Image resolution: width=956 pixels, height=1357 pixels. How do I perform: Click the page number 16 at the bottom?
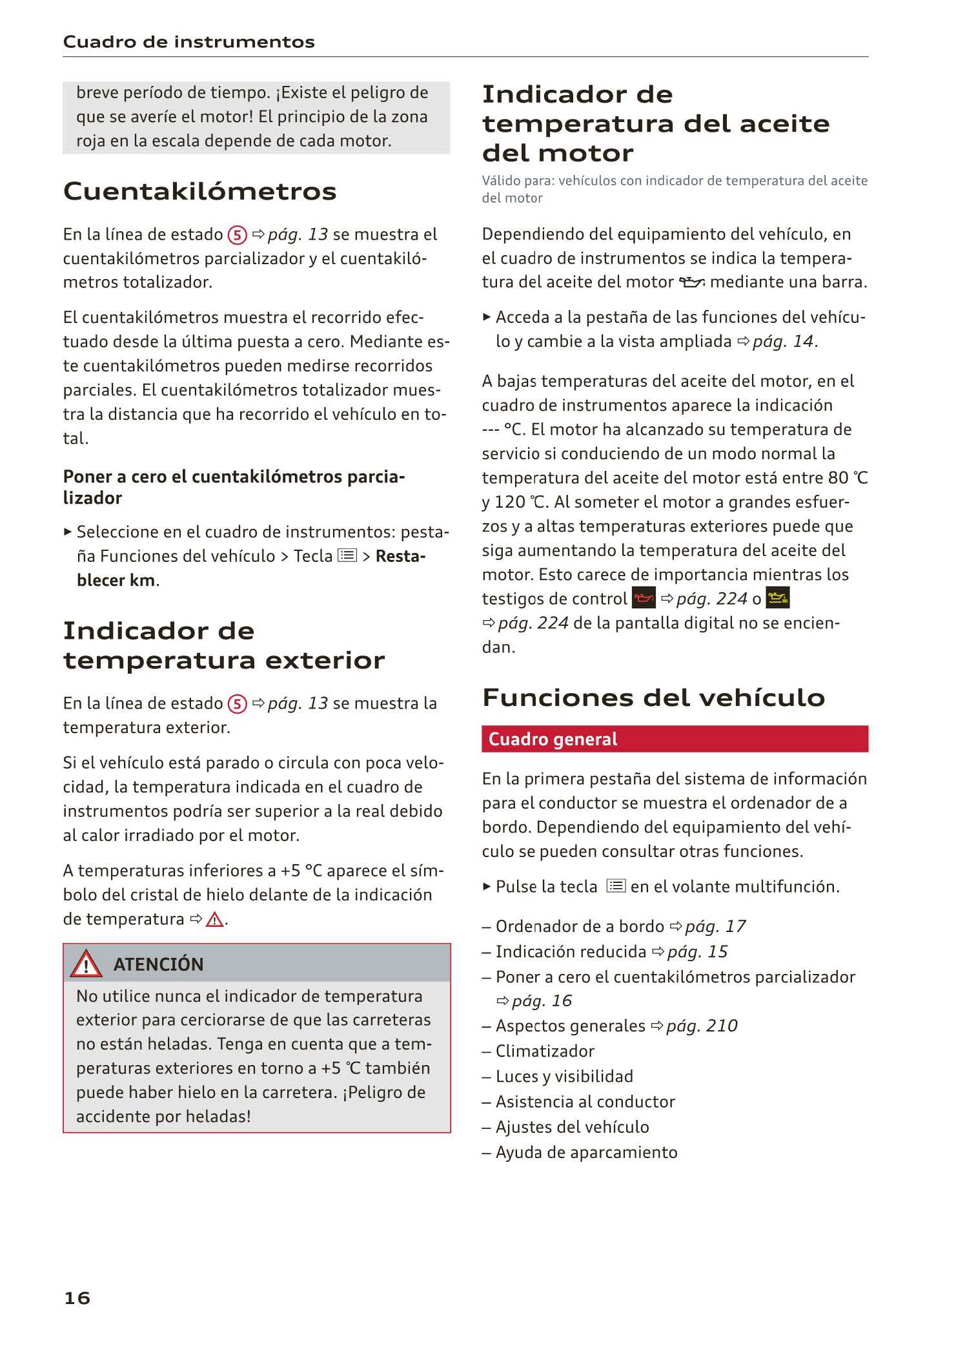77,1298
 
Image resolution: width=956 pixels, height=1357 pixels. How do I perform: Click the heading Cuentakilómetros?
200,191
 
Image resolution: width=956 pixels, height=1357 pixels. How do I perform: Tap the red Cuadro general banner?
675,739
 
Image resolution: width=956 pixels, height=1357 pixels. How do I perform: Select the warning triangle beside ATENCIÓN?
86,965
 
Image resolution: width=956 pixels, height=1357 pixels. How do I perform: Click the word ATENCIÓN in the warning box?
158,964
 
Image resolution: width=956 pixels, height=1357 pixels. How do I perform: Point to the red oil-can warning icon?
644,599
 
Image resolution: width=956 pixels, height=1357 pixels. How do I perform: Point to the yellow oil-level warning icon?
778,599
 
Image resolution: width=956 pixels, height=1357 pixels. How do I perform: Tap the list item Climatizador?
545,1051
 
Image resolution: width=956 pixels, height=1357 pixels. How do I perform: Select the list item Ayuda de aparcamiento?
586,1152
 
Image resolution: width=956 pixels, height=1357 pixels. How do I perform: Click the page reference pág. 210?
702,1026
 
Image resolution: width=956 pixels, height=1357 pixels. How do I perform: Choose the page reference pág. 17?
715,926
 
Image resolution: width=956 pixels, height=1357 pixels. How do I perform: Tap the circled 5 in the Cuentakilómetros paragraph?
238,235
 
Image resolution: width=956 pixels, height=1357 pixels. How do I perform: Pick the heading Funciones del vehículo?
653,698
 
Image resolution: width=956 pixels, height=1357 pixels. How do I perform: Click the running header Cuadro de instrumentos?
189,42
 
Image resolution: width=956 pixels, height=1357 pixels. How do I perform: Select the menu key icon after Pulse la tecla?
616,886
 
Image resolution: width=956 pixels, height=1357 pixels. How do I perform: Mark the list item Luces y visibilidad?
564,1076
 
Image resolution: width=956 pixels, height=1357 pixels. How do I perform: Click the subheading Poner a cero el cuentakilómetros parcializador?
234,487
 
